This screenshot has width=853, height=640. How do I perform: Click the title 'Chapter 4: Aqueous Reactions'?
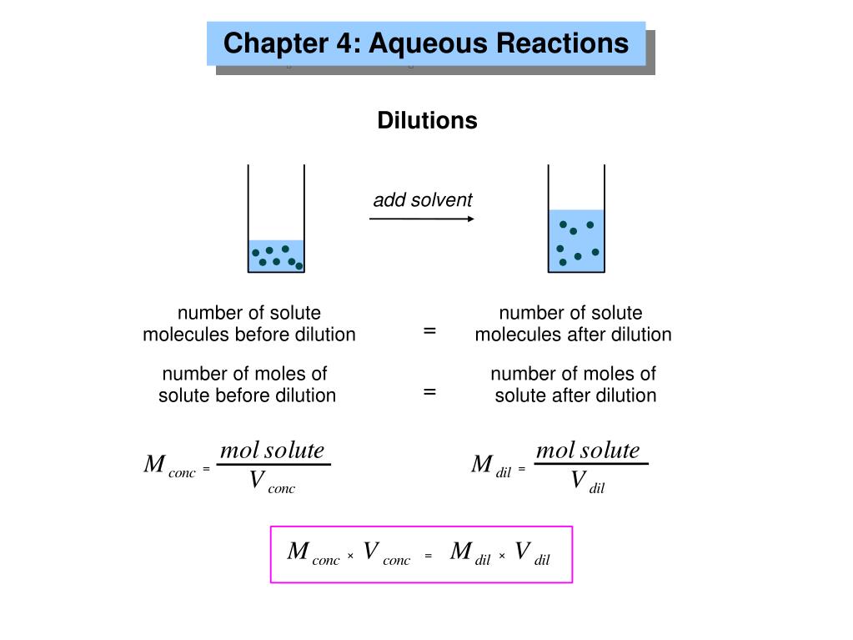click(426, 43)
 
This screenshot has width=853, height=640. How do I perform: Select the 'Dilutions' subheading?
click(427, 121)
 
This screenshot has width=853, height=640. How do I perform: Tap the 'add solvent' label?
click(422, 200)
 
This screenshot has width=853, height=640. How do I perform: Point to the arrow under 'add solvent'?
click(422, 219)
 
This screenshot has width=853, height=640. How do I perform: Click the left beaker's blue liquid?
click(276, 255)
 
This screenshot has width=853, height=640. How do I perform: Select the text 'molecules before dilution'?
click(248, 335)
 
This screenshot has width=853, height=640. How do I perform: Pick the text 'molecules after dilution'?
click(573, 335)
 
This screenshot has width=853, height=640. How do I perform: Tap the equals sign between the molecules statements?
click(429, 330)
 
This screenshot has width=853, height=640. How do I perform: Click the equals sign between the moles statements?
click(429, 391)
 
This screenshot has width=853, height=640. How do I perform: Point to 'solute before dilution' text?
click(247, 396)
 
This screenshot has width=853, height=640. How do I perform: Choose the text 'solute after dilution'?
click(575, 396)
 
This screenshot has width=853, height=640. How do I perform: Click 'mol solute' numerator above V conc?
click(272, 451)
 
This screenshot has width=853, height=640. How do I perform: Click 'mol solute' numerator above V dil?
click(588, 451)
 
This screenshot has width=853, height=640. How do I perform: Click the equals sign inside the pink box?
click(428, 556)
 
